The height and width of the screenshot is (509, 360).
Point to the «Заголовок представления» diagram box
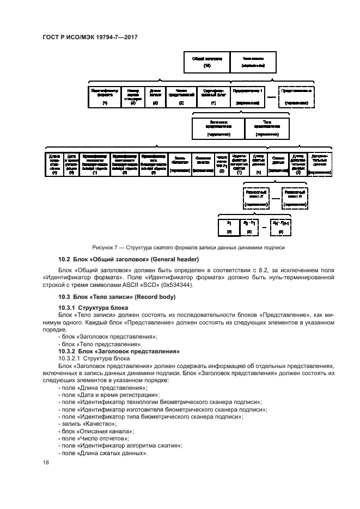pyautogui.click(x=218, y=128)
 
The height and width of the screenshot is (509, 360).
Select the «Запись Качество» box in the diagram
pyautogui.click(x=179, y=163)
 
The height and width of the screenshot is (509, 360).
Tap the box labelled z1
pyautogui.click(x=229, y=226)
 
